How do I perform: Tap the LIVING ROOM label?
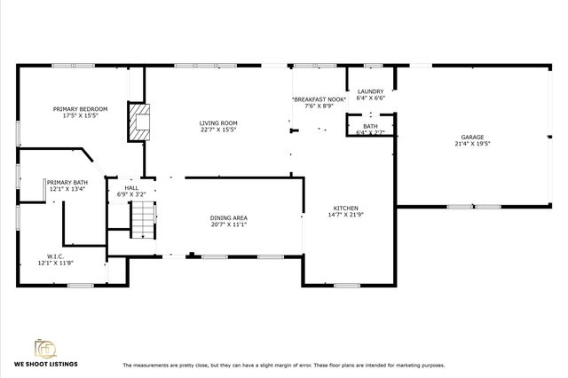tap(217, 122)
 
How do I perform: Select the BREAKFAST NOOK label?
tap(319, 99)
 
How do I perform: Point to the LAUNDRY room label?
tap(370, 92)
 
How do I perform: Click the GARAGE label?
tap(473, 137)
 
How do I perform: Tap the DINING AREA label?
tap(228, 217)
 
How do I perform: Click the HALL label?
tap(131, 187)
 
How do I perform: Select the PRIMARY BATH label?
tap(67, 182)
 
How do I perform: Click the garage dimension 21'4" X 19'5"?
tap(473, 144)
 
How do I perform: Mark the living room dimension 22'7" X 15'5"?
tap(217, 130)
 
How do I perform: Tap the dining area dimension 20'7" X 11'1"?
tap(228, 224)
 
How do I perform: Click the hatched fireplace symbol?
tap(137, 122)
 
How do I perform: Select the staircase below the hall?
tap(143, 218)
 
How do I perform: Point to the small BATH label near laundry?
tap(370, 127)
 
